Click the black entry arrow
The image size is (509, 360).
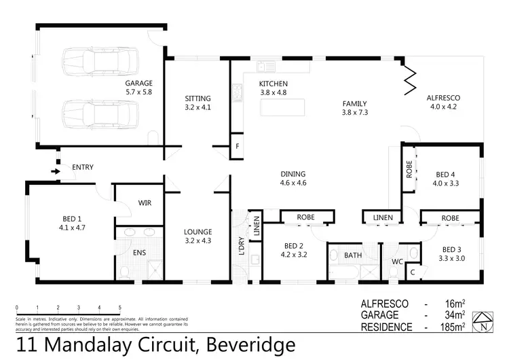tap(54, 172)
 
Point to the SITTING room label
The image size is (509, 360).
tap(197, 98)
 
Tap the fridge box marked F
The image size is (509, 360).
tap(238, 146)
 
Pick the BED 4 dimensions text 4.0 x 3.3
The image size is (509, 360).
tap(447, 183)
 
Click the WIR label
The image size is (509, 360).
tap(144, 202)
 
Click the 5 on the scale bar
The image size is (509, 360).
tap(120, 307)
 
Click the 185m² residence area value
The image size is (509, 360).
tap(452, 327)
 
